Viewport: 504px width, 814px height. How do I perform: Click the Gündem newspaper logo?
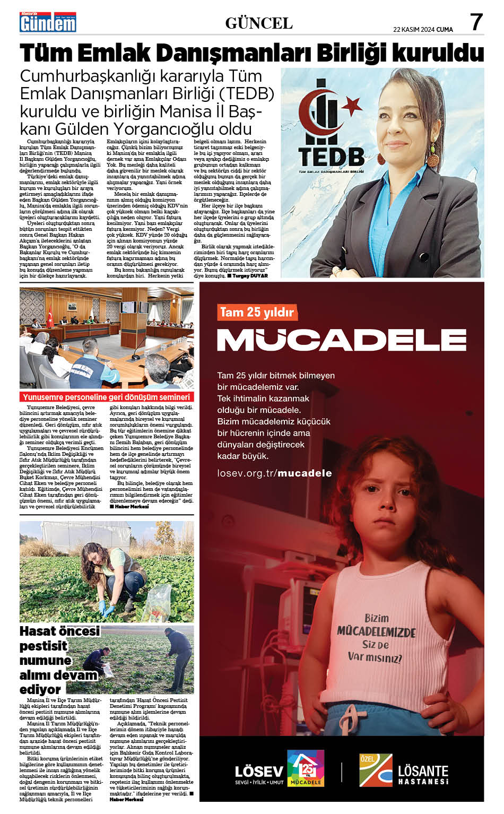[48, 23]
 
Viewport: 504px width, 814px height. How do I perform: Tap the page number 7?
[476, 22]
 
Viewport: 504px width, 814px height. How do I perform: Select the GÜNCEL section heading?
[259, 23]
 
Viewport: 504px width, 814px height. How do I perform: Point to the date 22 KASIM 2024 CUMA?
[423, 30]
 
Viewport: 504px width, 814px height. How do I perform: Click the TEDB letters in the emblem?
[331, 157]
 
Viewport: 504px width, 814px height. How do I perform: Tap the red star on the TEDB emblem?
[351, 107]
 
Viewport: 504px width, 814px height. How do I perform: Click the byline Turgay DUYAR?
[250, 276]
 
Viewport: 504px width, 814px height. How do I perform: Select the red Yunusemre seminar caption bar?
[106, 397]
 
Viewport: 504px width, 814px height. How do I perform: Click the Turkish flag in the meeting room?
[50, 315]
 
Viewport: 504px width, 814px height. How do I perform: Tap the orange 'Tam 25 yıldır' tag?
[257, 312]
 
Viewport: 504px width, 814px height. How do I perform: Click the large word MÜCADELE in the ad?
[342, 340]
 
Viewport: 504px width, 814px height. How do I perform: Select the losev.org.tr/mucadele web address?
[274, 473]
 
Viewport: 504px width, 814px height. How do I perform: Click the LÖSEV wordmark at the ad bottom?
[259, 771]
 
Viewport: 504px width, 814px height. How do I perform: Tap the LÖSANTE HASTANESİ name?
[423, 774]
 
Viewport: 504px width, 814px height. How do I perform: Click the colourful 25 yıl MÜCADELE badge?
[306, 768]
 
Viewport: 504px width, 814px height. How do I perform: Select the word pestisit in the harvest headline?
[44, 646]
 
